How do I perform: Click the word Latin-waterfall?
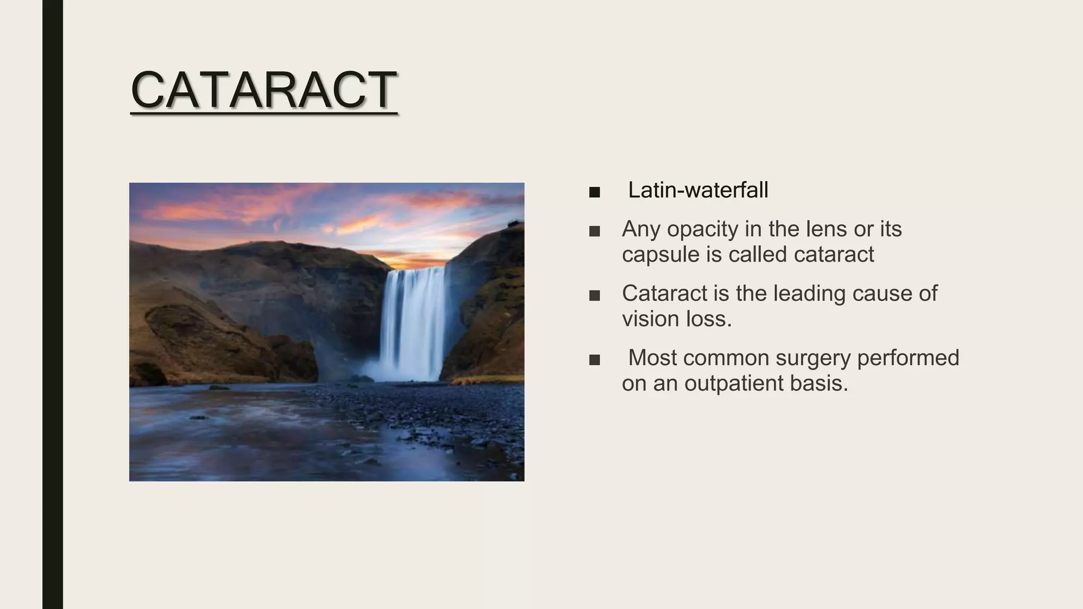698,190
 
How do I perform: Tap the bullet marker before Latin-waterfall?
594,192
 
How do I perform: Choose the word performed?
908,358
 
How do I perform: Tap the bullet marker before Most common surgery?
594,360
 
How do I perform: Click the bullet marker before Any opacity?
594,231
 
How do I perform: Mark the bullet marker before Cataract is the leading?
594,296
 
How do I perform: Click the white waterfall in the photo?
414,322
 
